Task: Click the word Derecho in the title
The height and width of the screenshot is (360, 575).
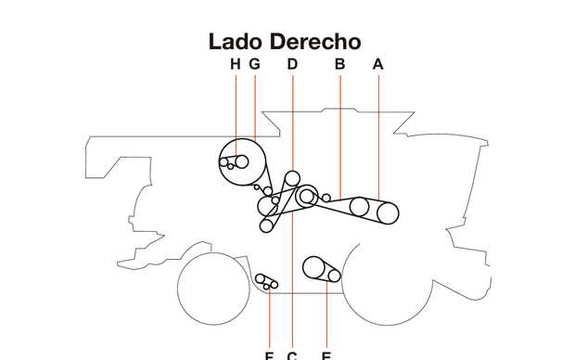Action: point(315,42)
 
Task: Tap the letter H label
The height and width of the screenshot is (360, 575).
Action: point(235,64)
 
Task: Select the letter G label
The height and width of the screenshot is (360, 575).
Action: point(254,64)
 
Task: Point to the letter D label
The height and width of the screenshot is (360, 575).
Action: point(292,64)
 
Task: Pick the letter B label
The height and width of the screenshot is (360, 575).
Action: point(339,64)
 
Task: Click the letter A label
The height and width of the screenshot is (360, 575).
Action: point(377,64)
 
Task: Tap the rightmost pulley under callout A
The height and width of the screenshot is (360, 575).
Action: point(387,212)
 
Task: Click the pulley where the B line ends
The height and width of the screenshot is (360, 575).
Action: point(359,206)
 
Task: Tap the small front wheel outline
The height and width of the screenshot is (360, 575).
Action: point(214,287)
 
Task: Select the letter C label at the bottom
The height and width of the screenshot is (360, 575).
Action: point(292,354)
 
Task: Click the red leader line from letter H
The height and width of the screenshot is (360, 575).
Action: point(236,111)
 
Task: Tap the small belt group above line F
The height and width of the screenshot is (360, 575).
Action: point(267,282)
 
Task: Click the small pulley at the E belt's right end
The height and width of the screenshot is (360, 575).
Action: point(334,275)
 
